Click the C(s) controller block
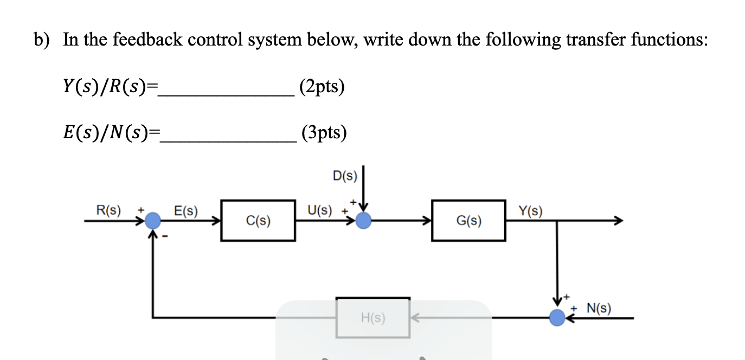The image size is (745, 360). pos(258,221)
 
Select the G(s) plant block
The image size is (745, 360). pos(468,221)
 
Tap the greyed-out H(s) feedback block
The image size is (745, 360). pos(372,318)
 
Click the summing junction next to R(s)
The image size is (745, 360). pos(153,221)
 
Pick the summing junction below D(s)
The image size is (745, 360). pos(363,221)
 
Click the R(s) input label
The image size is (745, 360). pos(108,210)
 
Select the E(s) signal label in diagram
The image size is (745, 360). pos(185,210)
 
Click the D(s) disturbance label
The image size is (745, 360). pos(345,175)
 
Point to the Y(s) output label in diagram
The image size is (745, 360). pos(530,210)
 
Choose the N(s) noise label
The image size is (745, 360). pos(599,309)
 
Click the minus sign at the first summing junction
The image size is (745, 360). pos(166,237)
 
